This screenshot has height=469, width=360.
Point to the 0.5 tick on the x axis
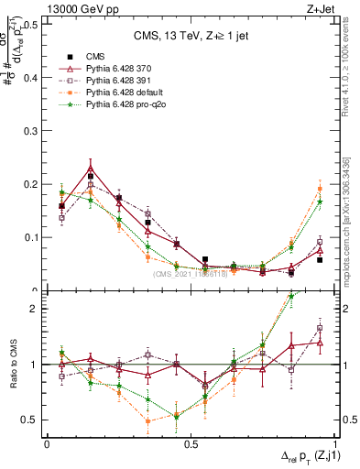pyautogui.click(x=191, y=442)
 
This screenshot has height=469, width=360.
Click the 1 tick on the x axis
pyautogui.click(x=335, y=442)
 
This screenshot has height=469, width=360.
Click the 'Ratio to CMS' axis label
pyautogui.click(x=13, y=364)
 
